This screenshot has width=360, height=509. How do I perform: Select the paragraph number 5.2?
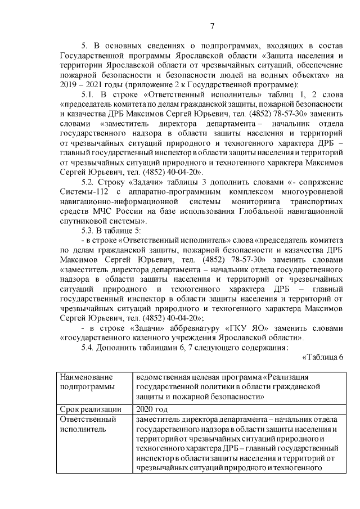88,182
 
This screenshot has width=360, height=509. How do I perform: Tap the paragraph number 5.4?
88,347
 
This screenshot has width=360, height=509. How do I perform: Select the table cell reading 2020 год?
152,409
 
